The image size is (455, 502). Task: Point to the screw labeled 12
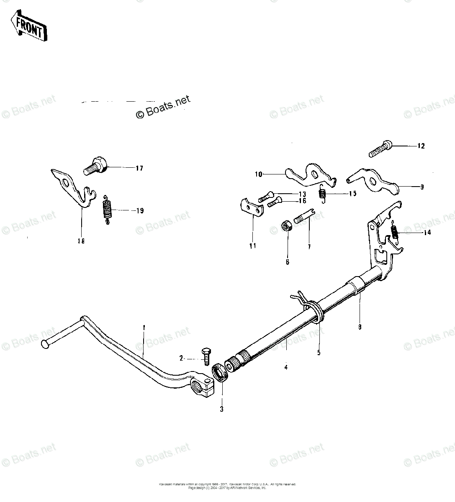click(x=380, y=149)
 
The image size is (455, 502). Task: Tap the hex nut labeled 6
click(x=287, y=227)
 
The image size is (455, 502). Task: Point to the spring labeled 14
click(x=394, y=233)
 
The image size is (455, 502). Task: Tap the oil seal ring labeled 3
click(x=219, y=373)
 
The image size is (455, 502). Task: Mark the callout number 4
click(x=286, y=368)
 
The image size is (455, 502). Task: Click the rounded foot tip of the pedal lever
click(x=45, y=344)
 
